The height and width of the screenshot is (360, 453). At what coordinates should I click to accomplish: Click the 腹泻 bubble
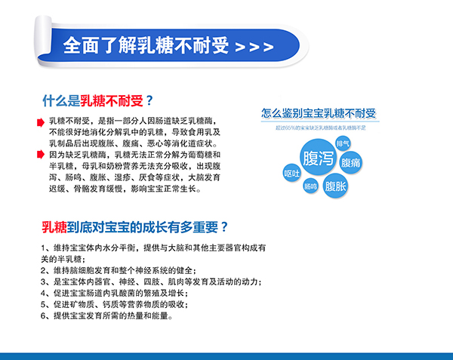tap(318, 159)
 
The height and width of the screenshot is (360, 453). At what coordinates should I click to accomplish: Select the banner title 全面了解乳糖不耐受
tap(146, 45)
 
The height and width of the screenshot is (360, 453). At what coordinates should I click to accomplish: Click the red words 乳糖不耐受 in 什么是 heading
tap(112, 100)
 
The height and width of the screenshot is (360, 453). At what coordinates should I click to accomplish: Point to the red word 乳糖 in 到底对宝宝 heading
tap(55, 226)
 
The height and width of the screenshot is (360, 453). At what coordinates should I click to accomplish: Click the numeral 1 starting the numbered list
tap(45, 248)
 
